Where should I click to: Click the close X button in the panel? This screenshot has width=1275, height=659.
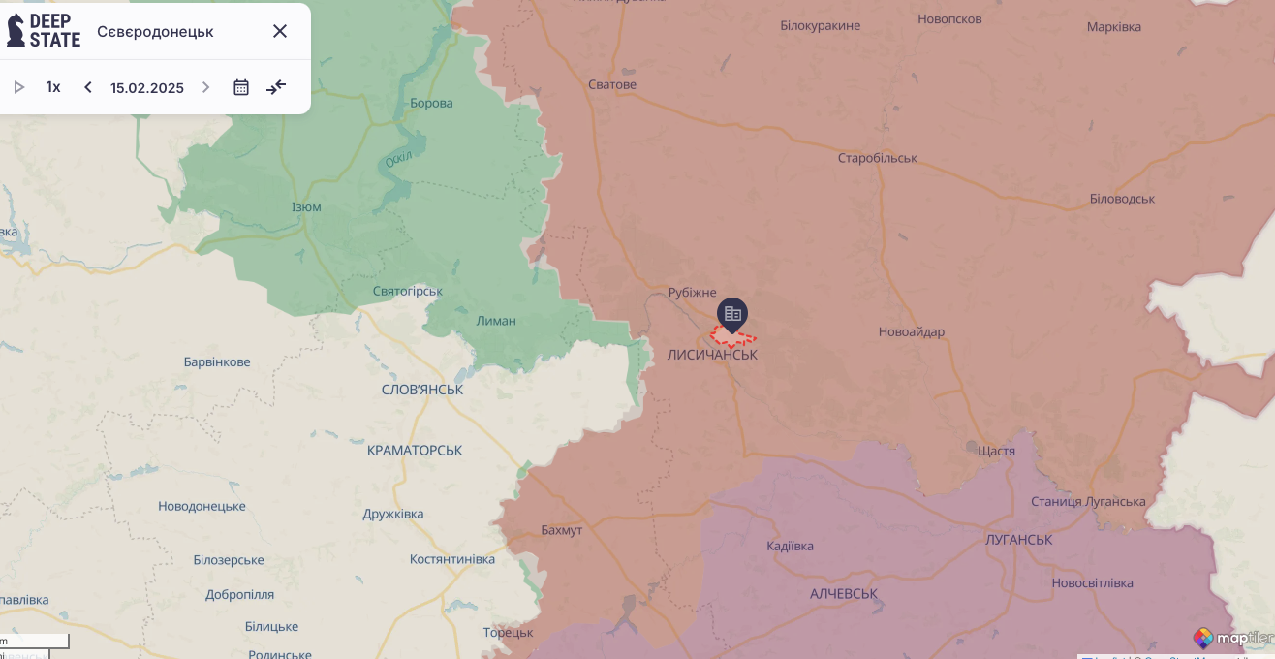pos(280,31)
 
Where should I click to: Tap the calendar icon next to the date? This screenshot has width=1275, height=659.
pos(241,87)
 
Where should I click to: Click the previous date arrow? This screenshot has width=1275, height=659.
pos(88,87)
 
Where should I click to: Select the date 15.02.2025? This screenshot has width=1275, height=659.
pos(147,88)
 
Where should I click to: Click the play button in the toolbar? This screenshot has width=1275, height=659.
pos(18,87)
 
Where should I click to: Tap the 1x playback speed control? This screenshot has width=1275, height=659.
pos(53,87)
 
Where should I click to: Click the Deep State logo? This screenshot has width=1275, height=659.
pos(44,31)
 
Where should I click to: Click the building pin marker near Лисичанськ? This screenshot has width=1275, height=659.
pos(732,314)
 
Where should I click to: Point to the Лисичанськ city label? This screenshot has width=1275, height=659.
pos(712,356)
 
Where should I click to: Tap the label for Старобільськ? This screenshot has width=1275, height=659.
pos(877,158)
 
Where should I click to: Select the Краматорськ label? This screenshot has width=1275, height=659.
pos(415,451)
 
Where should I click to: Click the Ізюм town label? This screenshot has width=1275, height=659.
pos(306,207)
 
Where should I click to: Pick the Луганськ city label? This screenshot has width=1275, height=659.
pos(1018,540)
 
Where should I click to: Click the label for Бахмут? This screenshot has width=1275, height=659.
pos(562,530)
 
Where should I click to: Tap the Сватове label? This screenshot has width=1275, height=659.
pos(612,85)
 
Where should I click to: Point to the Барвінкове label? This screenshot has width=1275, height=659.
pos(217,362)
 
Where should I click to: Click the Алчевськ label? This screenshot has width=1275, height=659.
pos(844,594)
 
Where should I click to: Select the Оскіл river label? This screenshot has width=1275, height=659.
pos(399,159)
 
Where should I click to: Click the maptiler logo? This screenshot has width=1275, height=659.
pos(1233,638)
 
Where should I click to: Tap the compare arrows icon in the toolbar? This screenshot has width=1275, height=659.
pos(276,87)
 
